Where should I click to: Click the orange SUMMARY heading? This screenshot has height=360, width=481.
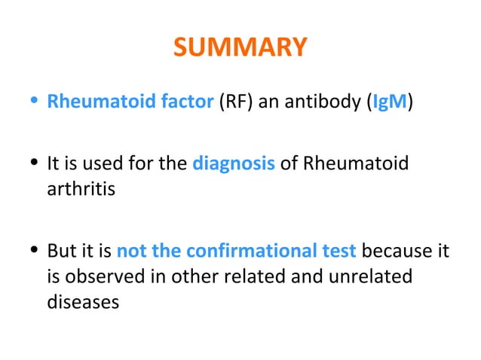click(240, 48)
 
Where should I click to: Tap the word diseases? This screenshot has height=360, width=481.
click(83, 301)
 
